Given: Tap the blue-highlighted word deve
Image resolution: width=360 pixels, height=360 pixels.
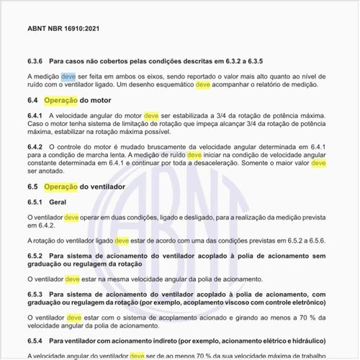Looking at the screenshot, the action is [68, 76].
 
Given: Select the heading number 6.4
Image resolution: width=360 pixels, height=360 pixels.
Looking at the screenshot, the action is [32, 100].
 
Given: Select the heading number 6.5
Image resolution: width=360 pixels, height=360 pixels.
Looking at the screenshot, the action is [32, 186].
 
